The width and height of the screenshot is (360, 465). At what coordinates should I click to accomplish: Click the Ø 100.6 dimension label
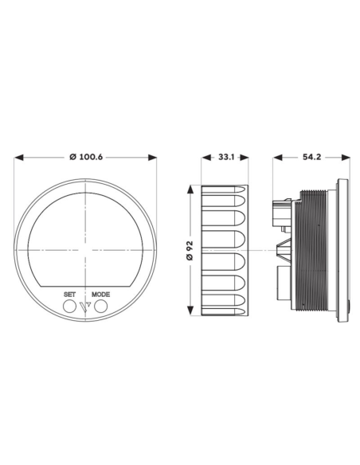pos(86,157)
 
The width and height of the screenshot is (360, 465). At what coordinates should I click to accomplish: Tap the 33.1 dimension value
pos(226,157)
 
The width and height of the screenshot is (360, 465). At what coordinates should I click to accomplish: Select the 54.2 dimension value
pos(311,157)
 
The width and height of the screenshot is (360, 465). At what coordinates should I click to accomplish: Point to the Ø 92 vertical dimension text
pos(190,250)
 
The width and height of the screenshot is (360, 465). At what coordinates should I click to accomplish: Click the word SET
pos(69,295)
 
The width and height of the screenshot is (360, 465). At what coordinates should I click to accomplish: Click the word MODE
pos(100,295)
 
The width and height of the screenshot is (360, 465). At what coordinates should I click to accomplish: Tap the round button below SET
pos(69,307)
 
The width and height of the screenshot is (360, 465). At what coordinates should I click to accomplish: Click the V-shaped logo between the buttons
pos(85,307)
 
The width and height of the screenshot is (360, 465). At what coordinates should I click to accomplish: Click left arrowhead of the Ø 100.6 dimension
pos(18,158)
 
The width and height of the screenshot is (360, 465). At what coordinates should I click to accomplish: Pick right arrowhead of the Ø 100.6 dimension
pos(152,158)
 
